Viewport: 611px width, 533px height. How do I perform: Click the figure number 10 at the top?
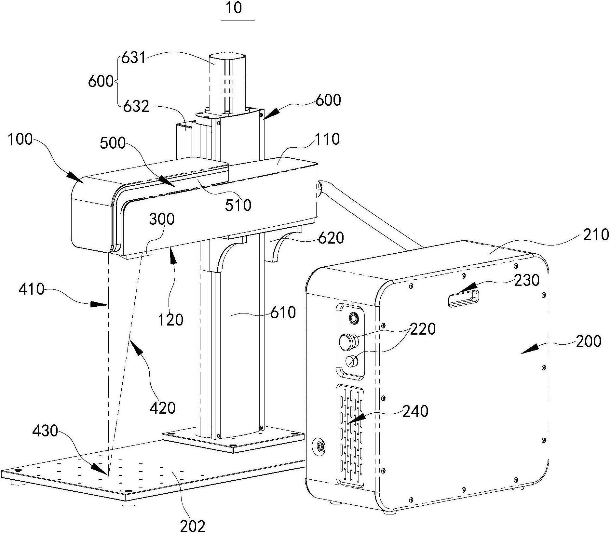click(234, 8)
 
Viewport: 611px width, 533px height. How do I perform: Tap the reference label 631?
click(133, 59)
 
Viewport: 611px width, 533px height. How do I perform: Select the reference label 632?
click(136, 106)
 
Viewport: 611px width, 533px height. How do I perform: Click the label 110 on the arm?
click(327, 139)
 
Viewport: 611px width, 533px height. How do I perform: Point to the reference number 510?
click(238, 205)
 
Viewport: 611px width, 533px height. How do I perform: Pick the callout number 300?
click(162, 219)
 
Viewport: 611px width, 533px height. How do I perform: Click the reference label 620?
click(331, 238)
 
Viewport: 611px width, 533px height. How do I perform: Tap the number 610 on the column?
click(283, 313)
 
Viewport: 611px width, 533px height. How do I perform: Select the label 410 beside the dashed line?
click(31, 288)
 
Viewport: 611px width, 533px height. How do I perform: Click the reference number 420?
click(163, 407)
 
